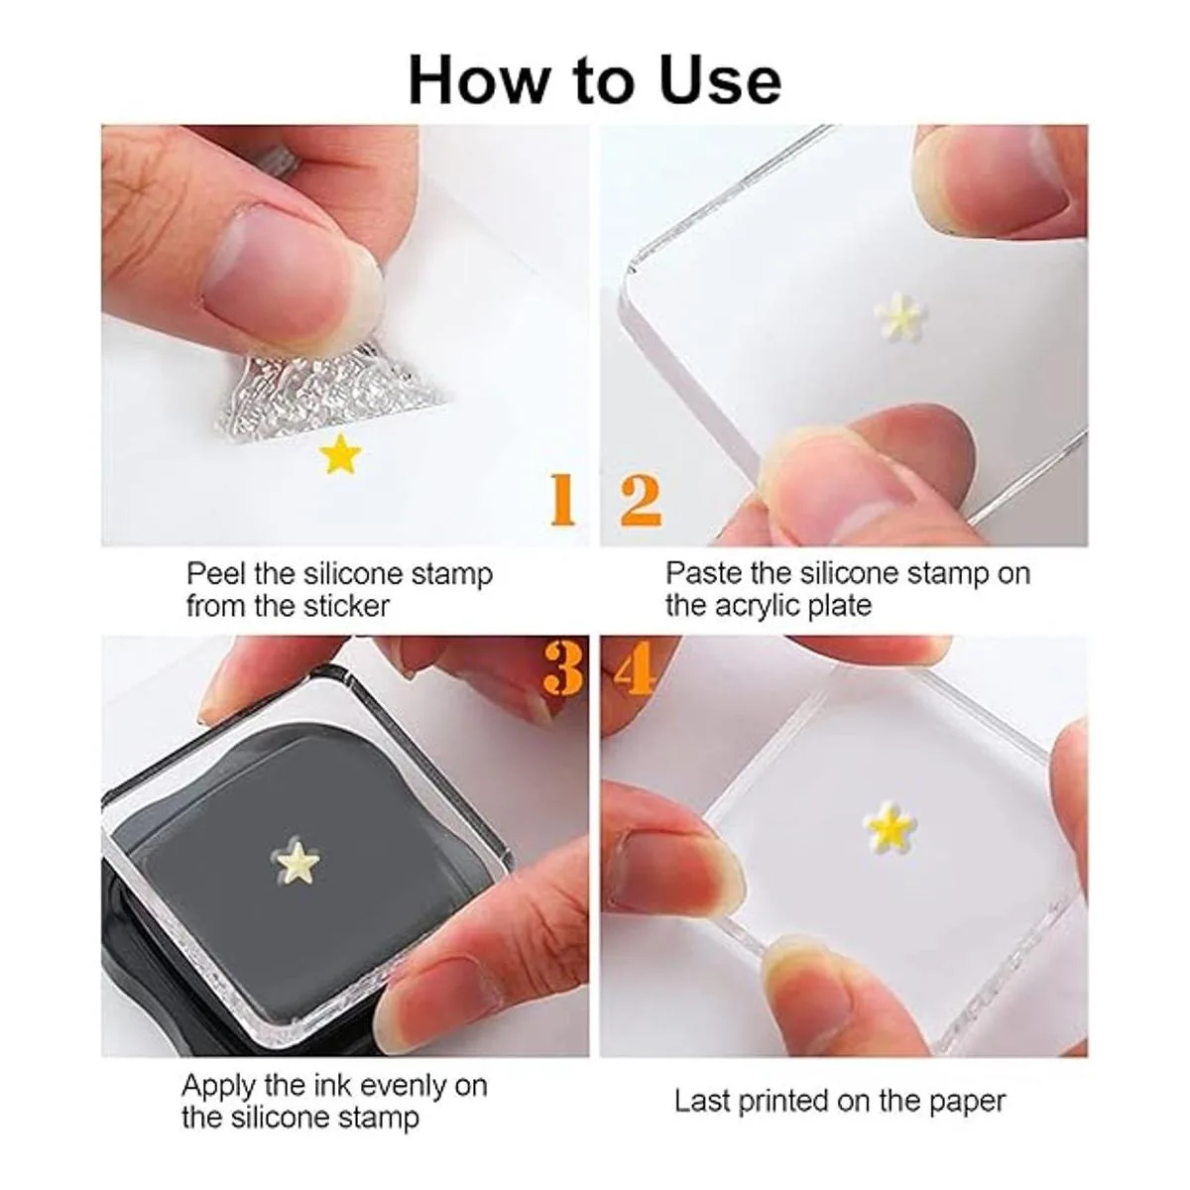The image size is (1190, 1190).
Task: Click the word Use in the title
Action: [720, 80]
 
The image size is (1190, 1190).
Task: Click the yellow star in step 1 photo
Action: [339, 454]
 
